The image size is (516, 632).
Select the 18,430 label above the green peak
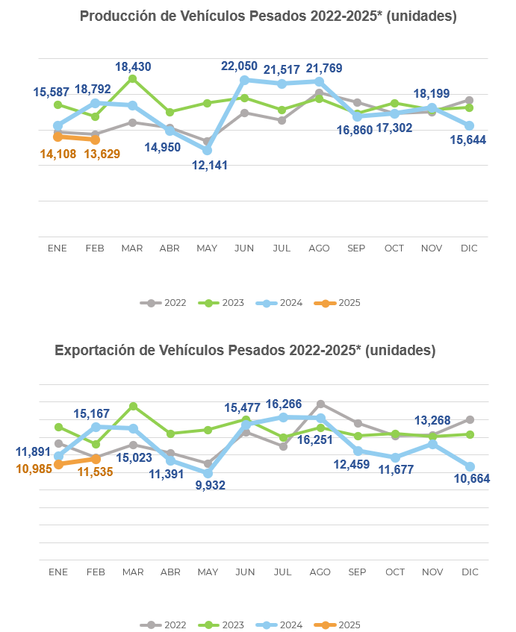[x=133, y=66]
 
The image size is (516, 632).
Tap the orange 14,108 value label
[x=57, y=154]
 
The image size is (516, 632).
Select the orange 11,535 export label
[x=95, y=472]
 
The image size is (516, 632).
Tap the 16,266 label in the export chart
[x=285, y=404]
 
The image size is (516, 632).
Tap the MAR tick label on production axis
[x=132, y=248]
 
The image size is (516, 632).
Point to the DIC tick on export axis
[x=470, y=572]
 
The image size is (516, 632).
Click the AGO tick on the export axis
[x=320, y=572]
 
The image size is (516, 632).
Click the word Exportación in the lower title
[x=93, y=350]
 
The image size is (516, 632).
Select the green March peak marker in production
[x=133, y=78]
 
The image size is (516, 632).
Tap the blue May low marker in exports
[x=208, y=473]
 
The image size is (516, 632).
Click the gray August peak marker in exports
[x=320, y=404]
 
